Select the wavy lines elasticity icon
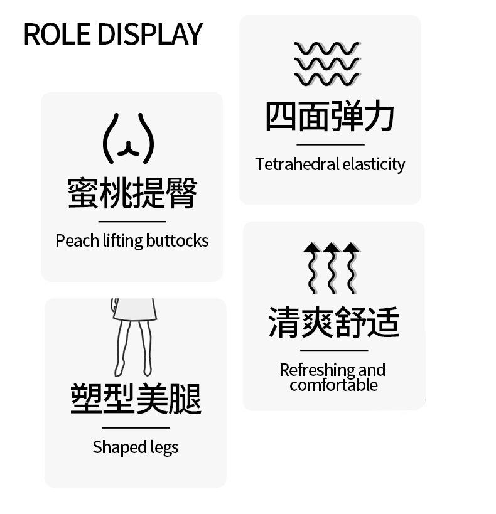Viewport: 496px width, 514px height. [327, 64]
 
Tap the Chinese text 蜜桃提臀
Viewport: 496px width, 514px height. [132, 193]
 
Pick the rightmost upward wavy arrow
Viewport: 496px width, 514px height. [352, 268]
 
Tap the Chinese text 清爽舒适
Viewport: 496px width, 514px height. [333, 322]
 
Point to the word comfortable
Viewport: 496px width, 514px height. [333, 385]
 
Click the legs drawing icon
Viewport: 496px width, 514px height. [132, 336]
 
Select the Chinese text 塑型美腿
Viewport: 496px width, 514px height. [136, 399]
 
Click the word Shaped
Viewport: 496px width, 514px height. [112, 447]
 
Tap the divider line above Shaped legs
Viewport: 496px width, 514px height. [136, 427]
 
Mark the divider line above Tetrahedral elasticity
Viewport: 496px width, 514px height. [330, 144]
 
